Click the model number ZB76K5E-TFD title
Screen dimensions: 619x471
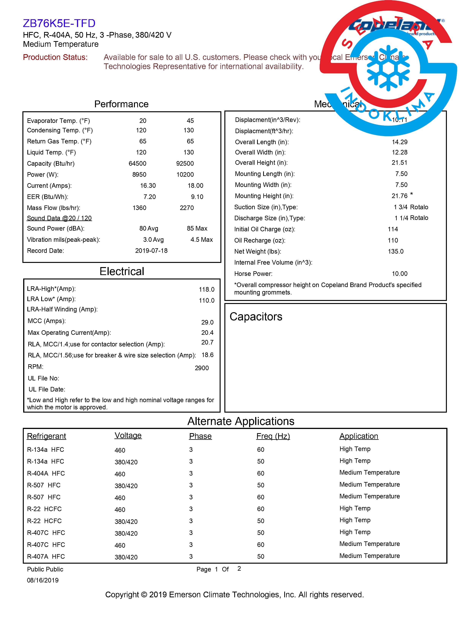tap(59, 23)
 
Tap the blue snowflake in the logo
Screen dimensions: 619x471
tap(388, 68)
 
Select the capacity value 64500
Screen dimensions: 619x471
tap(137, 163)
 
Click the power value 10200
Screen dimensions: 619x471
tap(185, 175)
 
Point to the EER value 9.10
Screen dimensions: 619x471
tap(197, 197)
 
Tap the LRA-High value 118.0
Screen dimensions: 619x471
tap(207, 289)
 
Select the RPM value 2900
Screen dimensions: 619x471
tap(202, 368)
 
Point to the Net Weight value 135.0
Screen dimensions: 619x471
tap(396, 251)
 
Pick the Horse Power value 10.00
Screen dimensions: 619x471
tap(400, 274)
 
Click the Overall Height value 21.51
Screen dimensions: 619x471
tap(400, 162)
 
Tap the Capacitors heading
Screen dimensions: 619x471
tap(256, 317)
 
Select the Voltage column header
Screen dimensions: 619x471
tap(128, 435)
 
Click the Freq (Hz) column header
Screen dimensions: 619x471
tap(273, 436)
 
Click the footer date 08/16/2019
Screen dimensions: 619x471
tap(43, 580)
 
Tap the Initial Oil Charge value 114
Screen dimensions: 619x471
tap(393, 229)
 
